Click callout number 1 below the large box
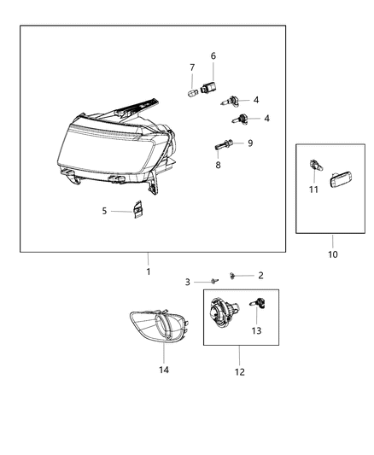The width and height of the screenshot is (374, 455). click(148, 271)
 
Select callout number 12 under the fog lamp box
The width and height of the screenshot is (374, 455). click(239, 372)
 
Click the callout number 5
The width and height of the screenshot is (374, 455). click(105, 210)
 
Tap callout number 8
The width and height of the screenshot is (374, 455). click(218, 164)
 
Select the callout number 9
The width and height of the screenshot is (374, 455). click(250, 143)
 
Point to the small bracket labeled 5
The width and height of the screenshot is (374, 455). click(137, 210)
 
